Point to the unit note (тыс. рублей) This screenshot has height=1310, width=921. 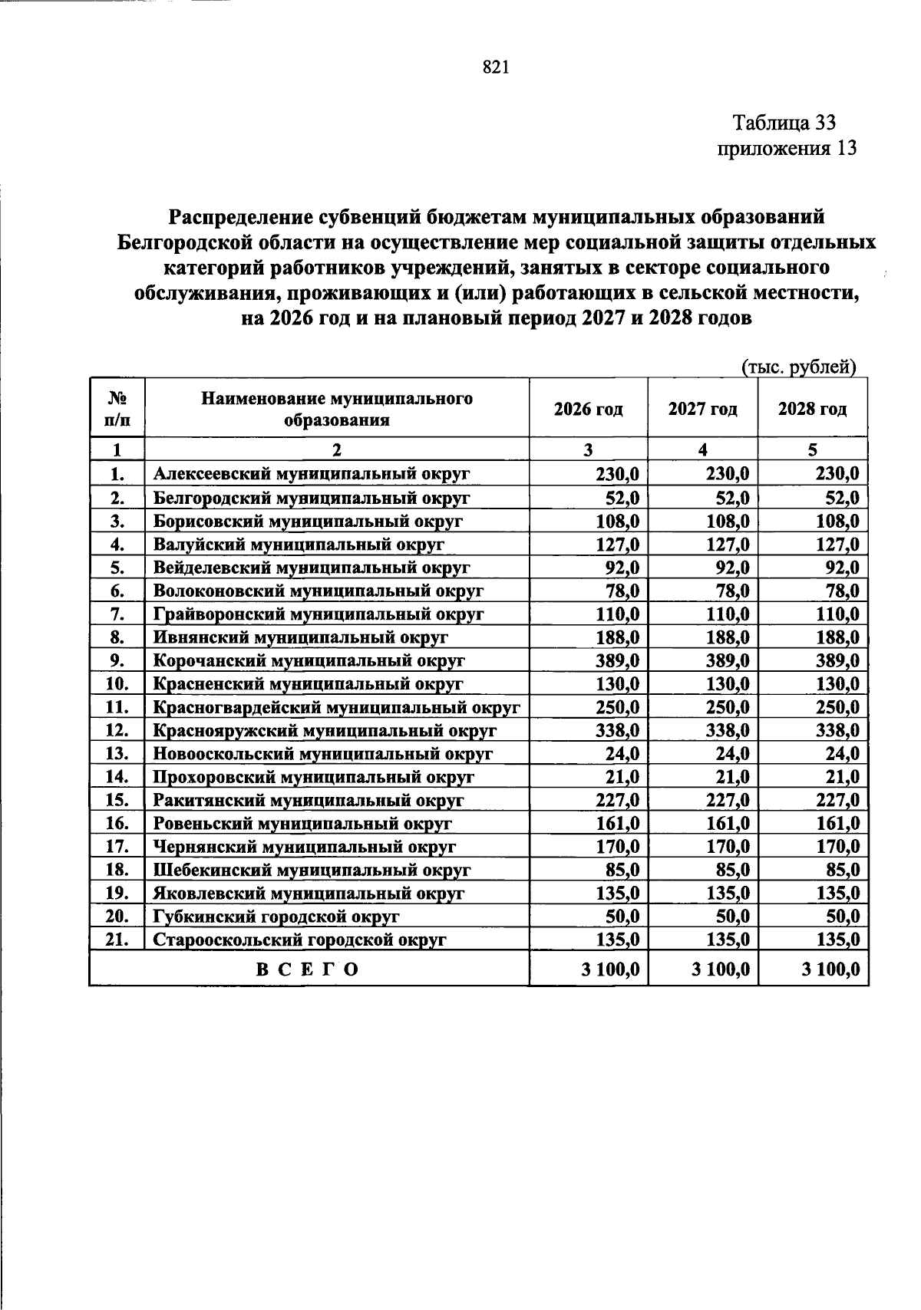coord(798,367)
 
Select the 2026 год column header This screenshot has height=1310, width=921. coord(588,409)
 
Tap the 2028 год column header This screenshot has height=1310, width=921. coord(812,409)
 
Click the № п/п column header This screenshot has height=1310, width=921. coord(117,409)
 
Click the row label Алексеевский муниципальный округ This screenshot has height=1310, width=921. coord(311,474)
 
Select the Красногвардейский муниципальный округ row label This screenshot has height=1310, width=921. coord(336,707)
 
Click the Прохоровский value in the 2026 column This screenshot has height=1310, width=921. coord(622,777)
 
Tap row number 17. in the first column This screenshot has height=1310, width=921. coord(117,847)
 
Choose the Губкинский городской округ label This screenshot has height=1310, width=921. coord(276,917)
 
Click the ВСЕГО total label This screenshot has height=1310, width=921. coord(308,969)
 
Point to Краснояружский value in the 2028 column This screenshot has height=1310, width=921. coord(837,730)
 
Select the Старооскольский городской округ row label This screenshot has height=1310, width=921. coord(299,940)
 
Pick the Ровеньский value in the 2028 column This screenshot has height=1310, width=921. coord(837,824)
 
